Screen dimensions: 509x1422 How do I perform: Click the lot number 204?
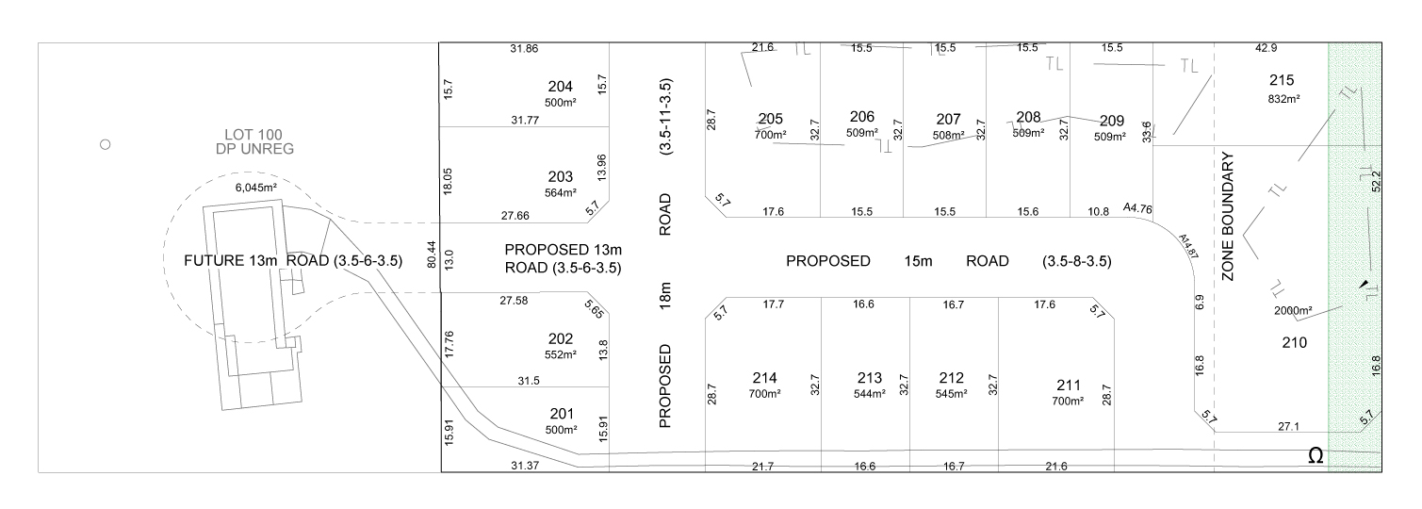(x=560, y=87)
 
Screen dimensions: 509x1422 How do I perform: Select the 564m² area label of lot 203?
(x=560, y=193)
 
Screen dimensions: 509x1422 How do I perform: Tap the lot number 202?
(x=560, y=339)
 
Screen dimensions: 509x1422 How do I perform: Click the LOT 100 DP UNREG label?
(x=248, y=141)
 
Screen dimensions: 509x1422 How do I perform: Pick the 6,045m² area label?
(x=255, y=188)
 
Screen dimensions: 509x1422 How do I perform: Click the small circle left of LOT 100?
(x=106, y=145)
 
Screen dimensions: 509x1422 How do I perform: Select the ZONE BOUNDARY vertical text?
(x=1228, y=216)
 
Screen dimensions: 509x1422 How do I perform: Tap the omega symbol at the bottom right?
(x=1316, y=456)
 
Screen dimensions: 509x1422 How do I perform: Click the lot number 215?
(x=1283, y=81)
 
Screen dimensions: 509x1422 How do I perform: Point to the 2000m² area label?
(x=1294, y=310)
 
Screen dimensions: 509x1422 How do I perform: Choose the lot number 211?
(x=1069, y=385)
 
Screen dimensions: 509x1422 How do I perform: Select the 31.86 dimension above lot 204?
(x=524, y=48)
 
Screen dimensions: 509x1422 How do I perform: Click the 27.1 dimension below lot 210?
(x=1288, y=426)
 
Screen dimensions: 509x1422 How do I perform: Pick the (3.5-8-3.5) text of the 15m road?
(x=1076, y=261)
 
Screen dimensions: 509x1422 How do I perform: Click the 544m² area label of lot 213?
(x=869, y=393)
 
